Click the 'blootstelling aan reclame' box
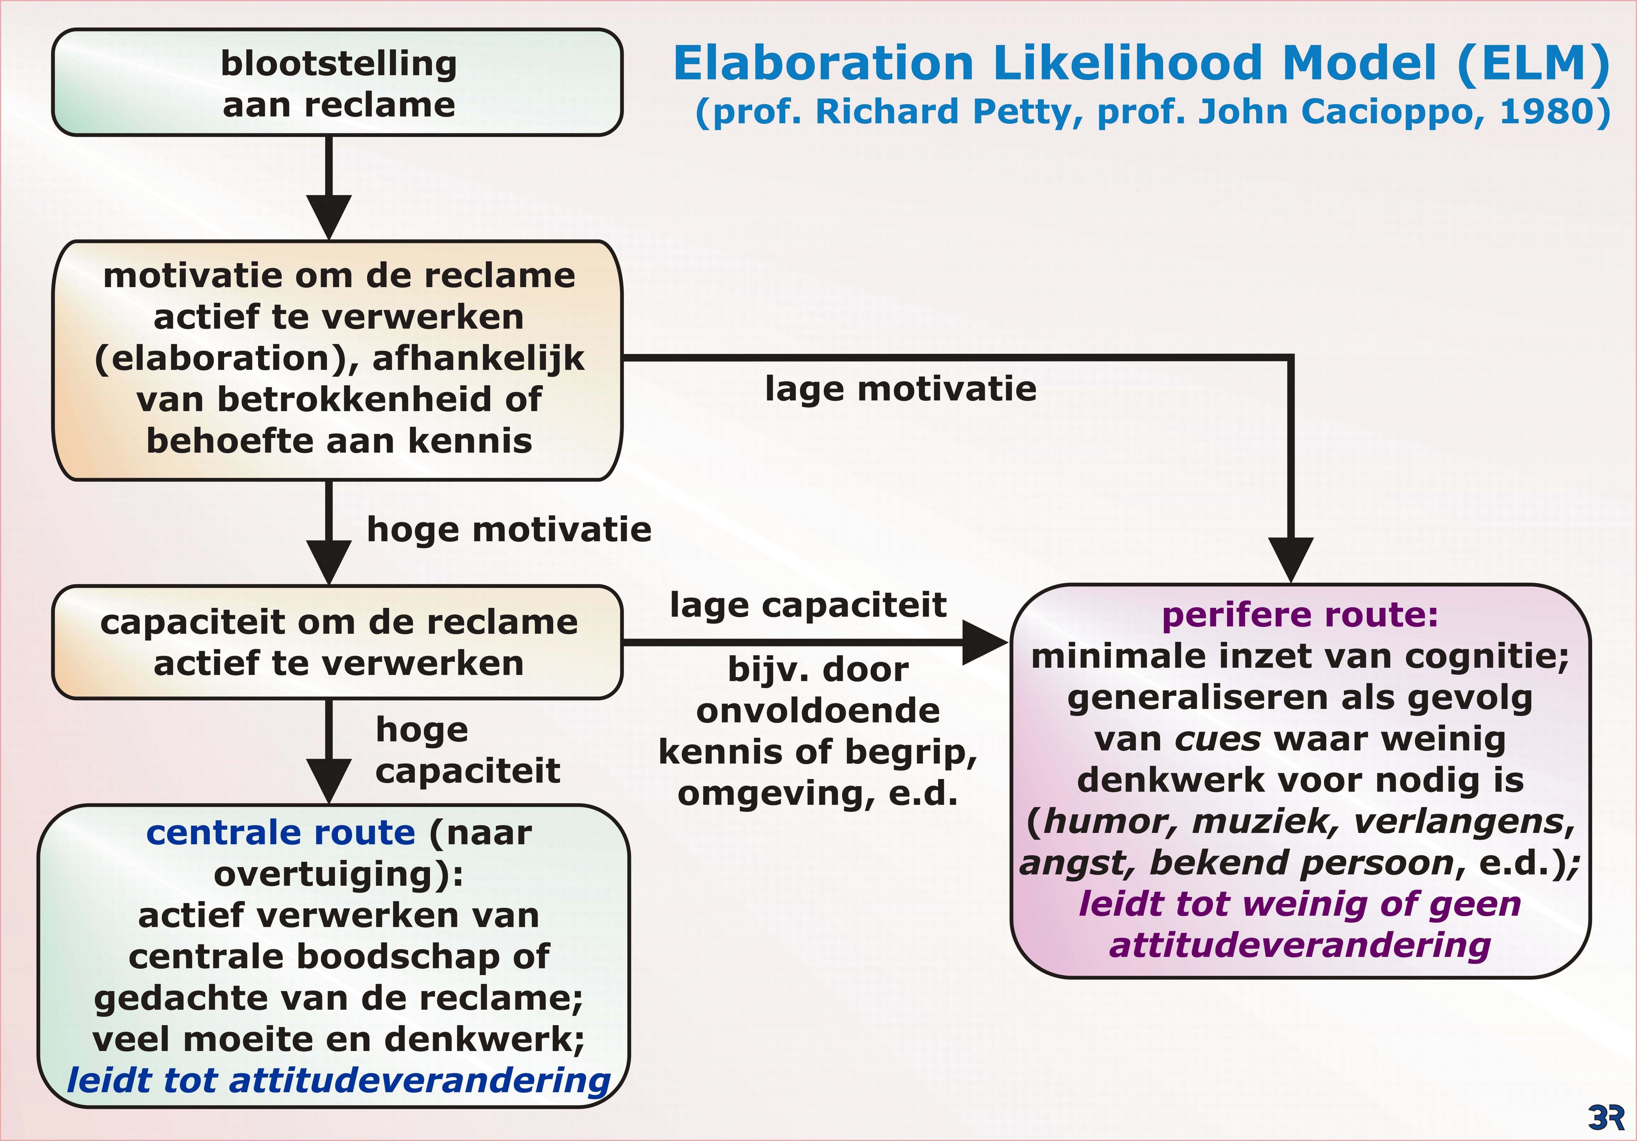click(x=337, y=83)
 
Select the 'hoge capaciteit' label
click(x=467, y=750)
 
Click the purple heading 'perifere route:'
click(x=1300, y=615)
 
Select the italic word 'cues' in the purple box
click(x=1217, y=739)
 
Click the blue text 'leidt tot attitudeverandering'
click(x=339, y=1080)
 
